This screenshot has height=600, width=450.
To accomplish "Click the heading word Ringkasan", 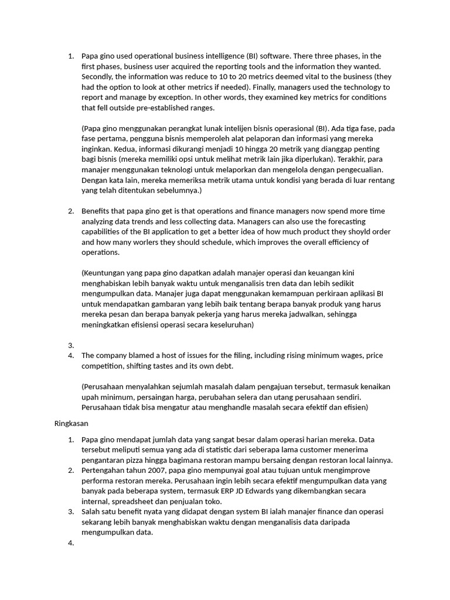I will point(71,422).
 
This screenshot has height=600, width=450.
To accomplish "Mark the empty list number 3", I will point(70,345).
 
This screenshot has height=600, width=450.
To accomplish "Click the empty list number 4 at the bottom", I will point(70,543).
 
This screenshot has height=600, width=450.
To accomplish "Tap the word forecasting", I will point(328,221).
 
